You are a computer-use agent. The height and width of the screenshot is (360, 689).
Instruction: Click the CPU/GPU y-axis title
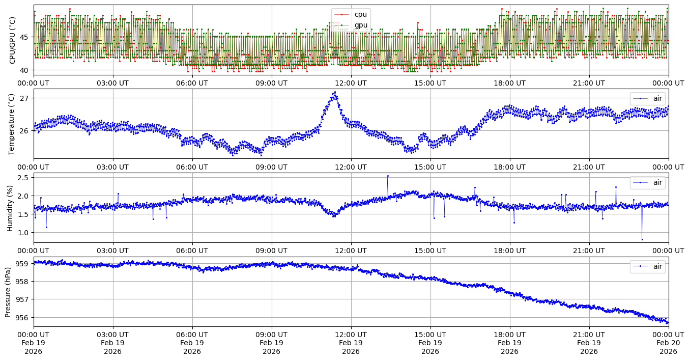click(13, 40)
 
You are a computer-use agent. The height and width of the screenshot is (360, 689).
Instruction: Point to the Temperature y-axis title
click(13, 124)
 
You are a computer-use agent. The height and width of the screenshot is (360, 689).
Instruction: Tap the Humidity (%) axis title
click(10, 208)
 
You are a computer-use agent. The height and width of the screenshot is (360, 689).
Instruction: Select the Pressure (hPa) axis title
click(8, 292)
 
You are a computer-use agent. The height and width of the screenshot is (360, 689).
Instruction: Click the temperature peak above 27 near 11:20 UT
click(334, 92)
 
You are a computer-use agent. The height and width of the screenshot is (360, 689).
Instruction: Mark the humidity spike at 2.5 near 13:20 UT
click(388, 176)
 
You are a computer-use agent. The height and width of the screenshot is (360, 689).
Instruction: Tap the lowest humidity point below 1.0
click(642, 239)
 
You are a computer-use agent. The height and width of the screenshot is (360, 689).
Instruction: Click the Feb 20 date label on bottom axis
click(668, 343)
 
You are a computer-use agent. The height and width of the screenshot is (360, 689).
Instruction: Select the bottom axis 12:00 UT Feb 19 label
click(351, 343)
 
